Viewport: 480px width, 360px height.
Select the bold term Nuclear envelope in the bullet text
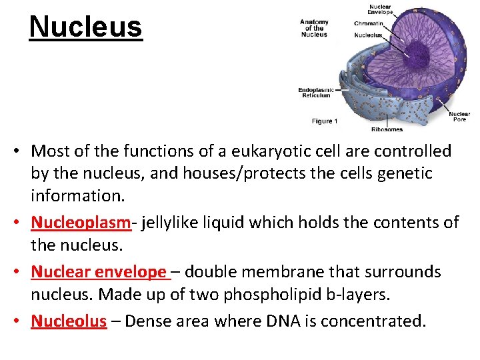[x=99, y=271]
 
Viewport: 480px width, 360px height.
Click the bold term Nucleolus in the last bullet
[x=69, y=321]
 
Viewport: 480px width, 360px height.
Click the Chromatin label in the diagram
[x=369, y=23]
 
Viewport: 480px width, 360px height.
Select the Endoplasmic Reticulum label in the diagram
[x=316, y=93]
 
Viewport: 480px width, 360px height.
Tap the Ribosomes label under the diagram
[x=387, y=129]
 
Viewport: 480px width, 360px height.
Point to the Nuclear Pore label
[x=459, y=117]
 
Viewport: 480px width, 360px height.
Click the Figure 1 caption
[x=325, y=121]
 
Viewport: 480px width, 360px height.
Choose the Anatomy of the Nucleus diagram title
[x=314, y=27]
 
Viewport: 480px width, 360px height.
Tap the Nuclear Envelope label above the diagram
[x=381, y=9]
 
